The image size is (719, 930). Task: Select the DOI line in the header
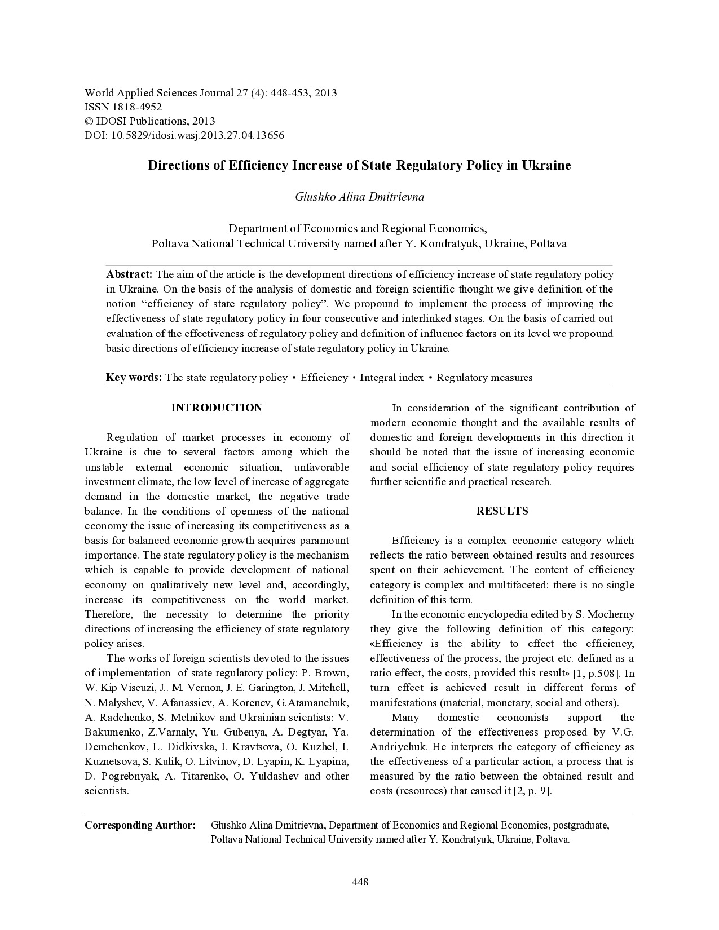[x=184, y=135]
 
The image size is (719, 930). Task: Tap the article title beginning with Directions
[x=359, y=165]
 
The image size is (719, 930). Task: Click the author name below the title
[x=359, y=197]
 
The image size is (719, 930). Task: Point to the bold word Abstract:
[x=129, y=275]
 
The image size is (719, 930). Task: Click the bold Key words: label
[x=134, y=378]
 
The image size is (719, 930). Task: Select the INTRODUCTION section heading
[x=217, y=408]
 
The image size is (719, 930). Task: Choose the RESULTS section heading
[x=502, y=511]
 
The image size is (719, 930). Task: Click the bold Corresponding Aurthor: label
[x=140, y=825]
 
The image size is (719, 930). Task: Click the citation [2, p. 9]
[x=532, y=791]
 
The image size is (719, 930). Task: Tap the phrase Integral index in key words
[x=391, y=378]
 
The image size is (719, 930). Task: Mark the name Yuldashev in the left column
[x=270, y=776]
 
